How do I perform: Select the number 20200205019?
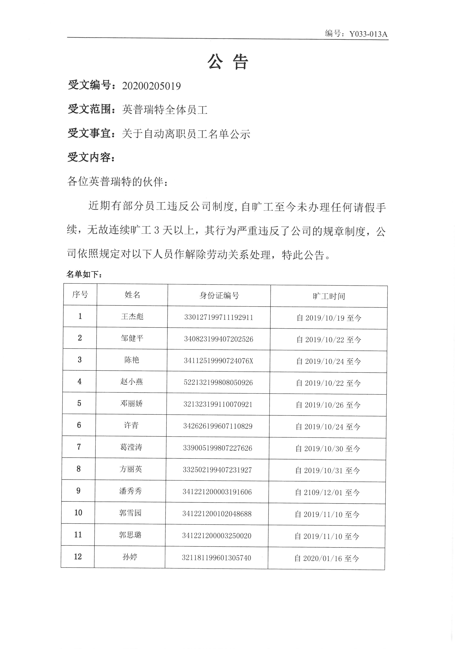152,86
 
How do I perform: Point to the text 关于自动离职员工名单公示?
186,134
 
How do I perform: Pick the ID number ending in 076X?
218,361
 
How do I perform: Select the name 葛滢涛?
131,447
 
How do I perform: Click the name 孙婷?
130,557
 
